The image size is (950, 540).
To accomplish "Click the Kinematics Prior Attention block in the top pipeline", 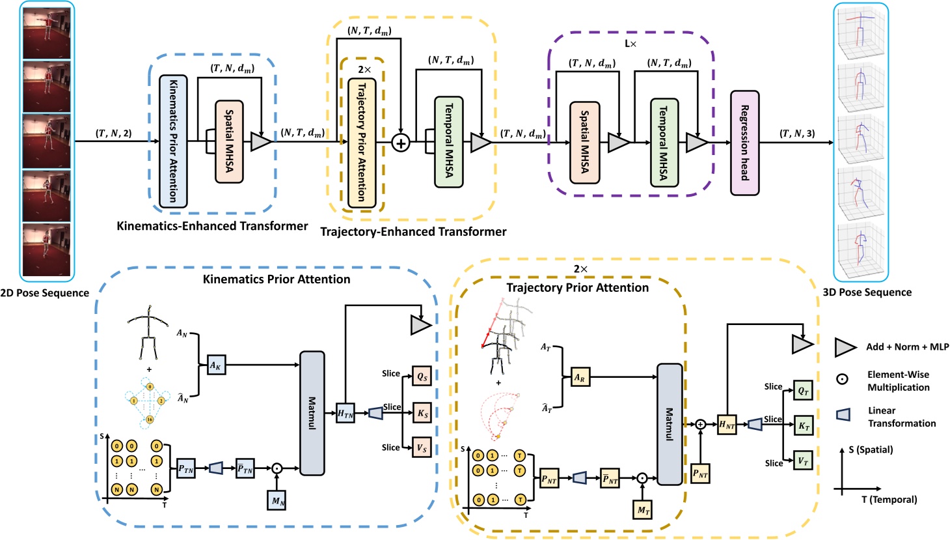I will click(x=173, y=141).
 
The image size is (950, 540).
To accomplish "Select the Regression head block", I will click(x=744, y=143).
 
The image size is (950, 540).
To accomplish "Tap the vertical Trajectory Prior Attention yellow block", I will click(x=362, y=143).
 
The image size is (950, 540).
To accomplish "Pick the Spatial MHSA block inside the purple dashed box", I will click(x=584, y=142).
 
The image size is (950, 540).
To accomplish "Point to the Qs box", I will click(x=422, y=377).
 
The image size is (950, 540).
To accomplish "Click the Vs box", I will click(x=422, y=448).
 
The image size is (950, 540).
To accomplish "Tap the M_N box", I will click(x=277, y=501).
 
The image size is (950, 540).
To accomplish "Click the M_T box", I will click(x=643, y=511).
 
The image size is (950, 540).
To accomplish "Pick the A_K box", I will click(x=215, y=365).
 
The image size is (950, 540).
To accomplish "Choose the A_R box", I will click(x=580, y=377).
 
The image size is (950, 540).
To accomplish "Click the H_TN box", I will click(x=346, y=413).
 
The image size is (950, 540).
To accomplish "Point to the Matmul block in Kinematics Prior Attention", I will click(x=312, y=413).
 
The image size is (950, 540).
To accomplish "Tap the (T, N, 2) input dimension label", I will click(x=114, y=134).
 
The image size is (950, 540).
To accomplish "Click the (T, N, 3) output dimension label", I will click(x=797, y=134).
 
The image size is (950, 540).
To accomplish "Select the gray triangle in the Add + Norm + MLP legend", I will click(x=845, y=348).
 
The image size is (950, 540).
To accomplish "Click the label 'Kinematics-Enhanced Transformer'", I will click(x=212, y=226).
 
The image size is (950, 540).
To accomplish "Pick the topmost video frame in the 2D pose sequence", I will click(x=47, y=33).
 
